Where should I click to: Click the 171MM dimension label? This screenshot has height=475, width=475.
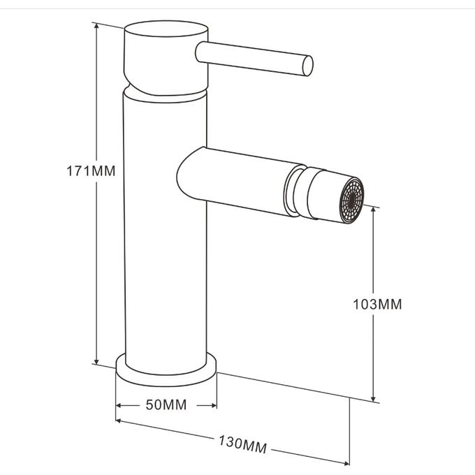91,171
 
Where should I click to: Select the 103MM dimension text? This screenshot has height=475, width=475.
377,304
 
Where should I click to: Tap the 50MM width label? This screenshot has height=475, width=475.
166,404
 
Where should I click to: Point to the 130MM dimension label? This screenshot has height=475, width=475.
242,445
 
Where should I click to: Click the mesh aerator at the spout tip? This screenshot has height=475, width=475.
351,200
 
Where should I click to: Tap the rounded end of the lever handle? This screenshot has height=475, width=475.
307,66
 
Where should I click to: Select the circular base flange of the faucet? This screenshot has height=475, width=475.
166,370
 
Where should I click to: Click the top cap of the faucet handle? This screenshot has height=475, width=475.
166,29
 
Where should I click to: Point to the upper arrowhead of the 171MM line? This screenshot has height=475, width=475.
96,27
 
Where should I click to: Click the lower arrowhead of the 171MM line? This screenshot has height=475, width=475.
96,361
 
